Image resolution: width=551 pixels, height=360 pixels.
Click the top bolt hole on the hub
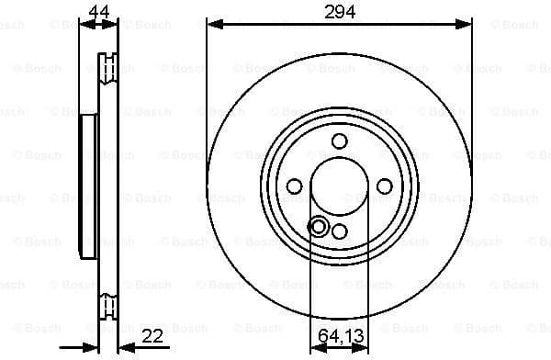pos(340,141)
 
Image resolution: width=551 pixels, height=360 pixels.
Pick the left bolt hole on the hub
pos(294,186)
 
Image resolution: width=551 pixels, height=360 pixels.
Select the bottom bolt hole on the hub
pos(340,231)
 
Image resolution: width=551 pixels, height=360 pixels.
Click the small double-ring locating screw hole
pos(320,226)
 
